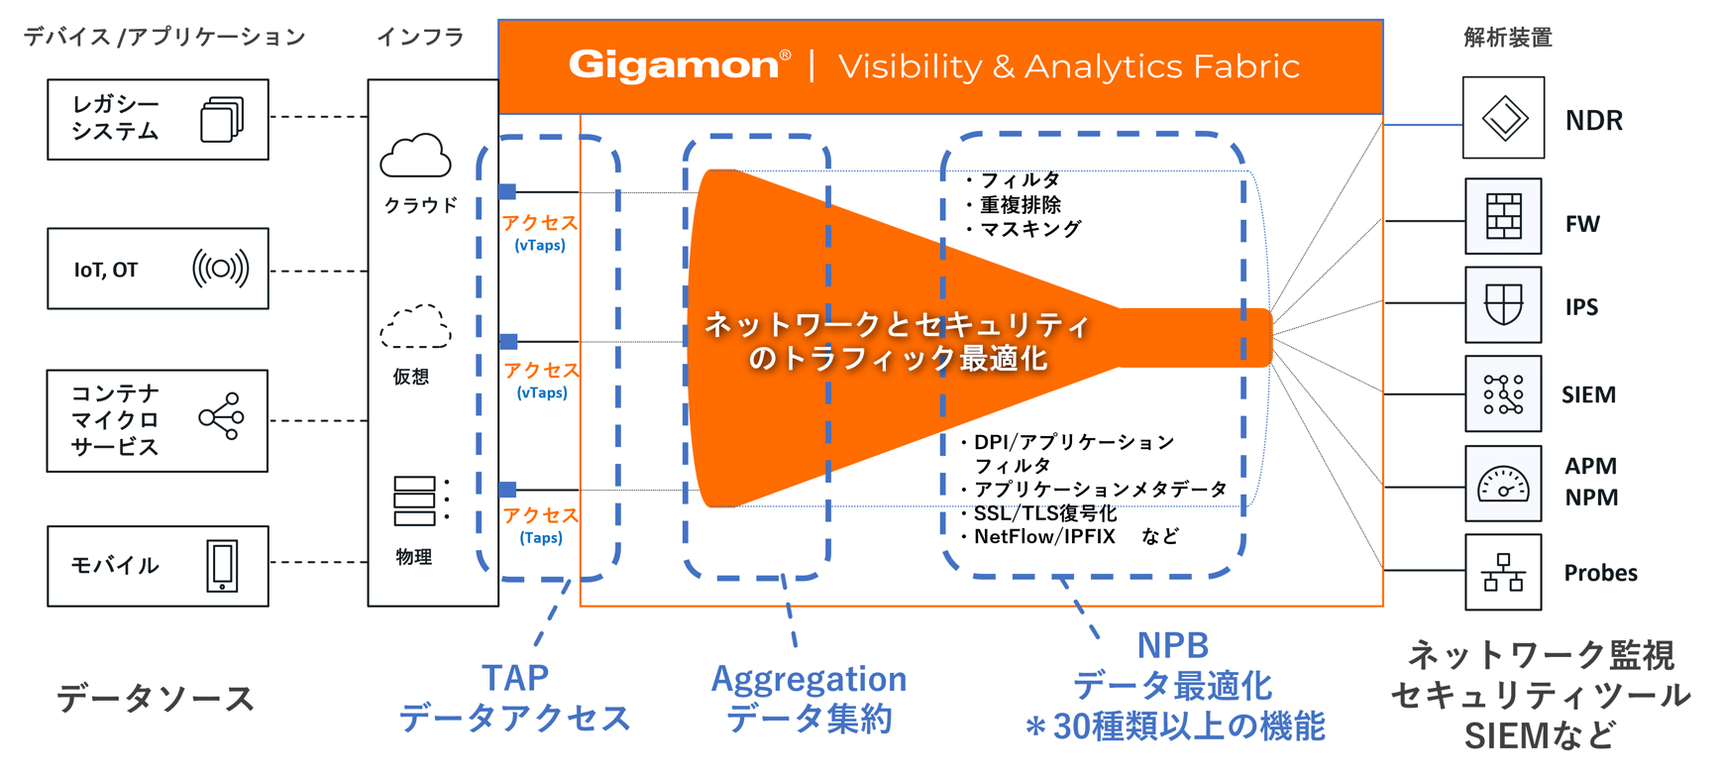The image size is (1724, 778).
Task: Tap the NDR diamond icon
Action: (x=1503, y=118)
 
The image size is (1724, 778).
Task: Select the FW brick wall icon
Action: (x=1503, y=216)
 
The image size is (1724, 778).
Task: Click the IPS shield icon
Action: (x=1503, y=304)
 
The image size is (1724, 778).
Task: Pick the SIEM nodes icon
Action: (x=1503, y=393)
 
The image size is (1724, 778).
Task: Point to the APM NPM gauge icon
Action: (x=1503, y=484)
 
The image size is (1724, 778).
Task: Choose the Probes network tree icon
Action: (x=1503, y=573)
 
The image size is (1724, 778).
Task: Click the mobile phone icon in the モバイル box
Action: (x=222, y=566)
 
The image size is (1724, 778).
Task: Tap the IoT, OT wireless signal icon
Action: (x=220, y=269)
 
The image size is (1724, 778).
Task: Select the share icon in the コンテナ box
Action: (x=221, y=417)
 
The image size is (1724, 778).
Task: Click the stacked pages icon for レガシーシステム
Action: (x=222, y=119)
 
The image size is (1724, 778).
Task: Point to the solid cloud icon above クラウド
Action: (x=415, y=156)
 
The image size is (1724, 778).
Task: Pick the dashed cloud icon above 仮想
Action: (x=415, y=326)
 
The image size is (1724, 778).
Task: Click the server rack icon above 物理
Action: (x=415, y=500)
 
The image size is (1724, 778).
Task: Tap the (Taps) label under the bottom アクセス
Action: (x=541, y=537)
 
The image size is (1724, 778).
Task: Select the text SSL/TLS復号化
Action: (x=1045, y=512)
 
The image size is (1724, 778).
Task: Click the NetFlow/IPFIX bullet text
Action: (x=1044, y=536)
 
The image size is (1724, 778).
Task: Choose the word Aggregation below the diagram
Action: (x=808, y=679)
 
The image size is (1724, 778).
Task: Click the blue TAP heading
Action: (x=514, y=678)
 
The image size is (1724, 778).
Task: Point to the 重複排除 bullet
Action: (x=1021, y=204)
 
